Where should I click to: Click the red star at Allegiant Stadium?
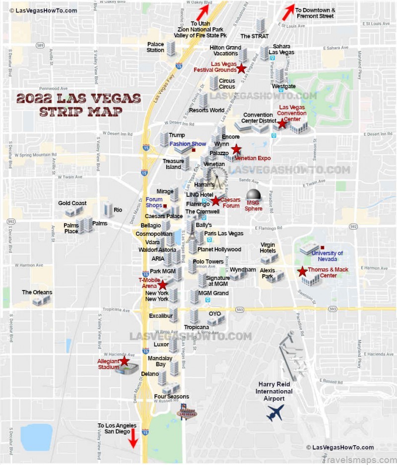tap(124, 361)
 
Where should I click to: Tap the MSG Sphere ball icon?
tap(254, 195)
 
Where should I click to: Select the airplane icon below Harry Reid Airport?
tap(275, 412)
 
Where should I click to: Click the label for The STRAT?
tap(254, 36)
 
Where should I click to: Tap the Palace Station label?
tap(155, 47)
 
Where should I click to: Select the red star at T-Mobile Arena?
tap(162, 285)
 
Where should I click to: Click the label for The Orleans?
tap(37, 292)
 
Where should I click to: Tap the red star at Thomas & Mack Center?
tap(302, 271)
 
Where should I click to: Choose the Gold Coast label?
tap(72, 203)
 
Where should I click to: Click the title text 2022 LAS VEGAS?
tap(78, 98)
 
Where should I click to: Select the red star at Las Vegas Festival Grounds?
tap(241, 68)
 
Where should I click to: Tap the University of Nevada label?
tap(327, 256)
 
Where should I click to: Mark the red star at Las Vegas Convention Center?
tap(282, 124)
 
